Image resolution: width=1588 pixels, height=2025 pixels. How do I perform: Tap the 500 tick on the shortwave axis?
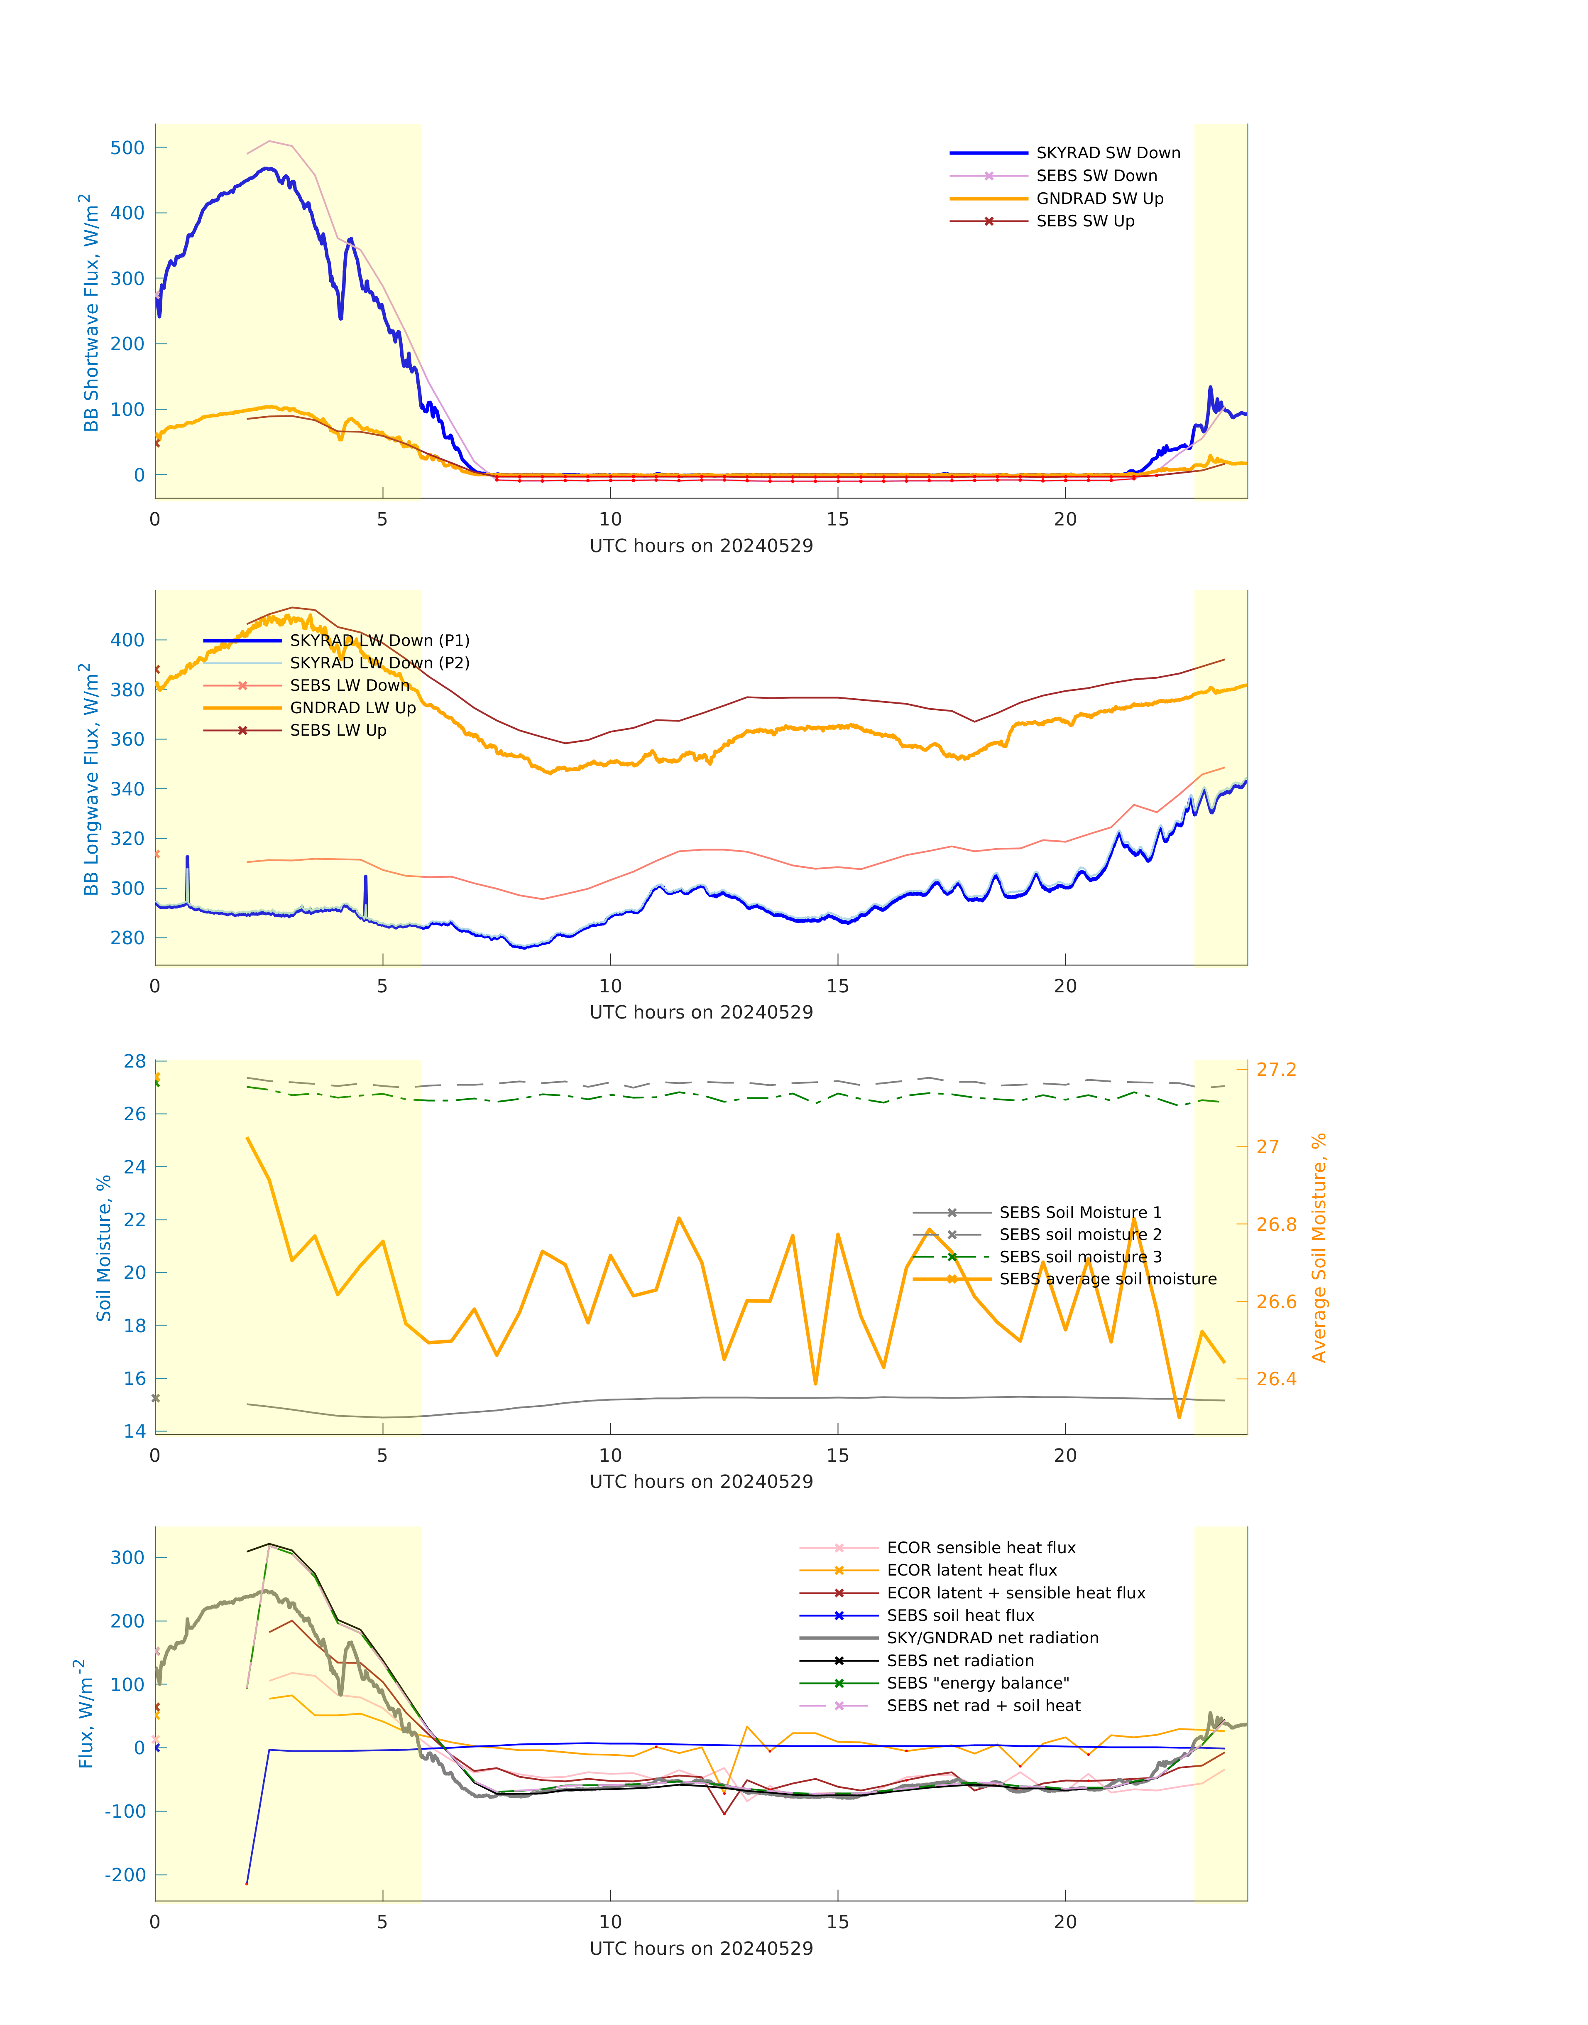pyautogui.click(x=127, y=148)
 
